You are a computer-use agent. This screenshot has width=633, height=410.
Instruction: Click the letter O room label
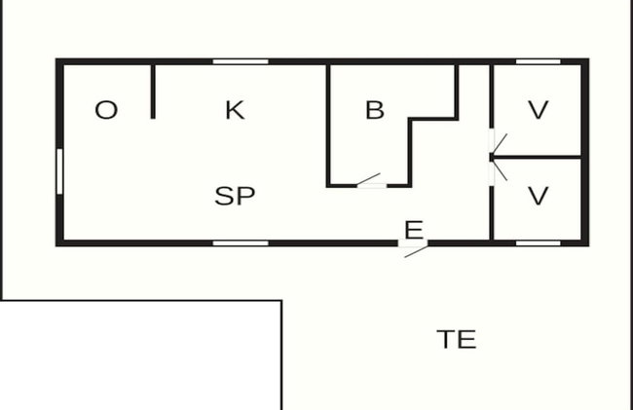(x=106, y=110)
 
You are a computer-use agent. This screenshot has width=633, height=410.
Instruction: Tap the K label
(x=235, y=110)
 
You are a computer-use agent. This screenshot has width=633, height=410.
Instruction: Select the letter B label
(x=375, y=110)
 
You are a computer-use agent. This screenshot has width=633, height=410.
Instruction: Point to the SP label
(x=235, y=196)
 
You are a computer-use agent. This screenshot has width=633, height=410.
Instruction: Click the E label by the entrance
(x=414, y=230)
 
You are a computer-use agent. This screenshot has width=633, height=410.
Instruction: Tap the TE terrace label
(x=457, y=339)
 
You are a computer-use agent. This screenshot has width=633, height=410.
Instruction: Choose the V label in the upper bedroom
(x=539, y=110)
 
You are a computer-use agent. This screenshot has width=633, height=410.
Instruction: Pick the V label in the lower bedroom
(x=539, y=196)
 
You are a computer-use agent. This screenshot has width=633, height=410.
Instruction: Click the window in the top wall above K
(x=241, y=61)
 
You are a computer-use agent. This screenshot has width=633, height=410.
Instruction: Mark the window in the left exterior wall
(x=59, y=171)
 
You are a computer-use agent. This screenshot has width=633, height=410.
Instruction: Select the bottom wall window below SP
(x=241, y=243)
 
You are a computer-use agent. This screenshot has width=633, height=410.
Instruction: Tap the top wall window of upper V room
(x=539, y=61)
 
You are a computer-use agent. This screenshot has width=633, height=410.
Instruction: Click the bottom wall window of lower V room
(x=539, y=243)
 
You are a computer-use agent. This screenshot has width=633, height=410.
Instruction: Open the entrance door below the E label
(x=413, y=247)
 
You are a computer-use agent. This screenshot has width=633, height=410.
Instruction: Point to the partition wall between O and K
(x=153, y=92)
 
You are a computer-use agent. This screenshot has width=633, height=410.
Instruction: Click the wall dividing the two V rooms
(x=537, y=157)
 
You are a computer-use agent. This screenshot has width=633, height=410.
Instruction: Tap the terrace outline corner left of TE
(x=281, y=301)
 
